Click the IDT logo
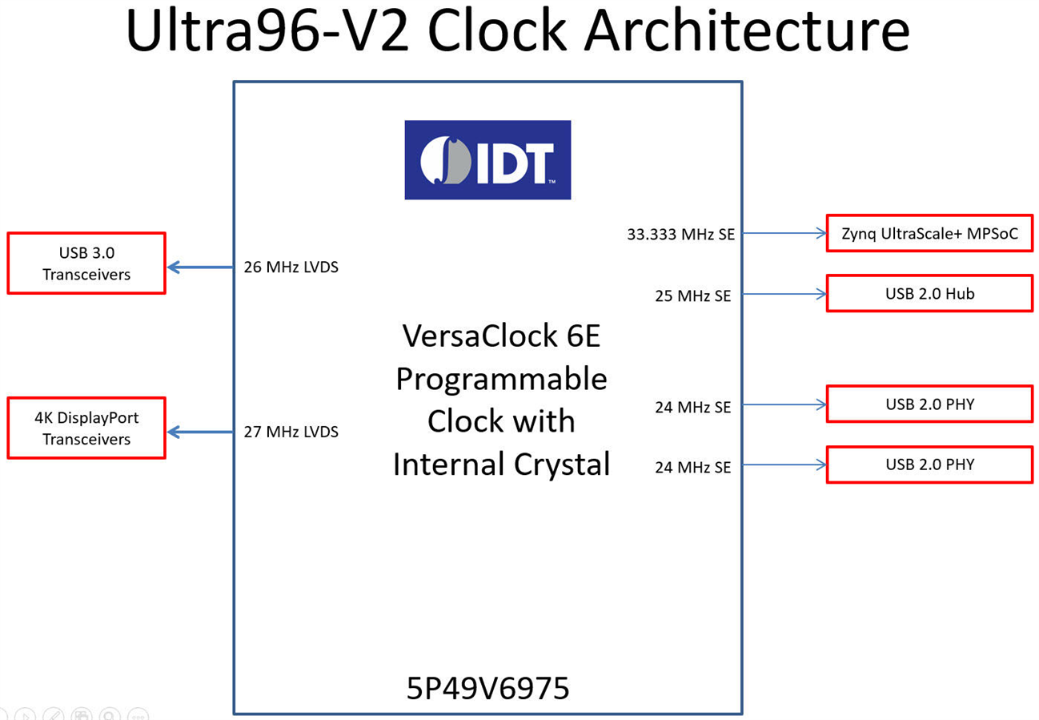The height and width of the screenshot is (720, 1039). pyautogui.click(x=487, y=159)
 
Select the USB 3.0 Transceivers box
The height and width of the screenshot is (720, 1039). pyautogui.click(x=86, y=263)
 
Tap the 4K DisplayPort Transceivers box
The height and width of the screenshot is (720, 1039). pyautogui.click(x=86, y=428)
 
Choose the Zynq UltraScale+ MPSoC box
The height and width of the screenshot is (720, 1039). pyautogui.click(x=929, y=234)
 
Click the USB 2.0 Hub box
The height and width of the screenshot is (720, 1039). pyautogui.click(x=929, y=293)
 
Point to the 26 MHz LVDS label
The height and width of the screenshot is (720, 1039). pyautogui.click(x=291, y=267)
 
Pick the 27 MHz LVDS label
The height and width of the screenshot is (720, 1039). pyautogui.click(x=291, y=432)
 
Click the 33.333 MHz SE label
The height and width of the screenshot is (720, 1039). pyautogui.click(x=680, y=235)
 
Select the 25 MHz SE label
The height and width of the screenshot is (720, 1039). pyautogui.click(x=692, y=296)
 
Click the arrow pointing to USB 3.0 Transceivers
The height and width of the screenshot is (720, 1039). pyautogui.click(x=200, y=267)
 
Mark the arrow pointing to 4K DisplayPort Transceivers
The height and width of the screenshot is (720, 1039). pyautogui.click(x=200, y=432)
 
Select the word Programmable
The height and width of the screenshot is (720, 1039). pyautogui.click(x=502, y=379)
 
